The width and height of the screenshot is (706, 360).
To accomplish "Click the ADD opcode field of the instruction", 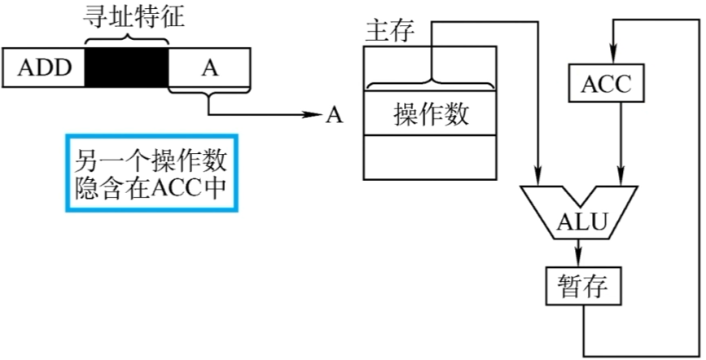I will pos(45,68).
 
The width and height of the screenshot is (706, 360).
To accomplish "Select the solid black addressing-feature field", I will pos(126,68).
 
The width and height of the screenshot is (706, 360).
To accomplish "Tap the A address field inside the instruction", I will pos(210,68).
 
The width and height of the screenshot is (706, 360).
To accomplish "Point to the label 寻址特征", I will pos(125,15).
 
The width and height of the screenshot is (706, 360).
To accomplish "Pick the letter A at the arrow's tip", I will pos(333,115).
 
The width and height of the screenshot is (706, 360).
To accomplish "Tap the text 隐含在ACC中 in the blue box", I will pos(150,187).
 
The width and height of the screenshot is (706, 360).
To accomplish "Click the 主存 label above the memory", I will pos(389,31).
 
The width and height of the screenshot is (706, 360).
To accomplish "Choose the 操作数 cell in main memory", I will pos(431,114).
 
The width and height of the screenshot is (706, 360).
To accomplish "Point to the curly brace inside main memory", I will pos(431,82).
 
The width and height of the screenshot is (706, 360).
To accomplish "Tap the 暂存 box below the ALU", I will pos(584,286).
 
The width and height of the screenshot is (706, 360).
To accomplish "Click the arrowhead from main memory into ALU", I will pos(538,175).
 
